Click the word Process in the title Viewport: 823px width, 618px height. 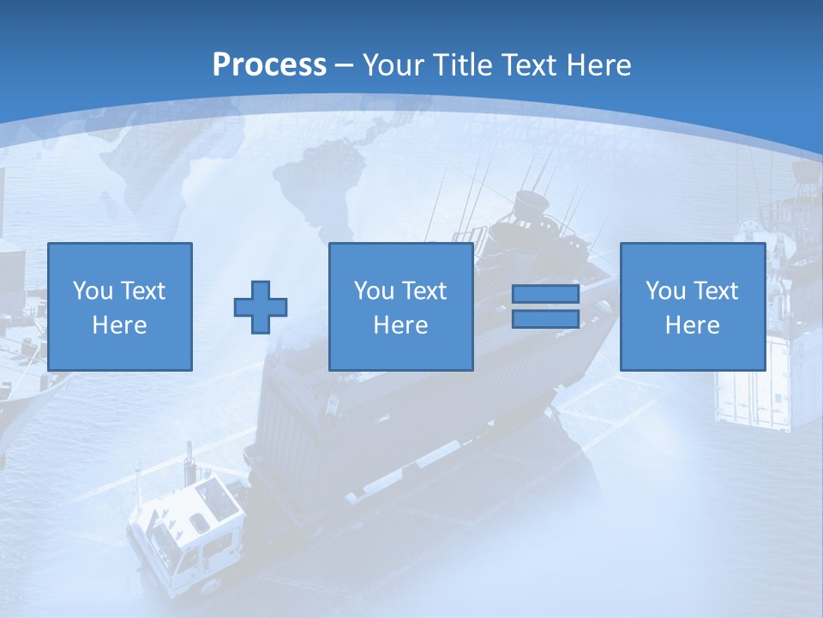[x=269, y=64]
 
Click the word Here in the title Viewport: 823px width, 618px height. [x=598, y=65]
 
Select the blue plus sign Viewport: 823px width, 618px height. [x=261, y=306]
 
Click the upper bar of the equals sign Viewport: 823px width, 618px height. [x=545, y=294]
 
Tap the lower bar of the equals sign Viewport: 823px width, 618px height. [x=545, y=318]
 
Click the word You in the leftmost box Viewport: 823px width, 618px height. [x=92, y=291]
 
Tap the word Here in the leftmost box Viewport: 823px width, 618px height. [x=119, y=325]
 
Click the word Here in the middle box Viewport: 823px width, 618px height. [x=400, y=325]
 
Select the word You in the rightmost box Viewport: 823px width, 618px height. [x=664, y=291]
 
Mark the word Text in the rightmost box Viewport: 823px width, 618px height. [x=716, y=291]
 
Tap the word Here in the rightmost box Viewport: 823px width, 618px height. [x=692, y=325]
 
